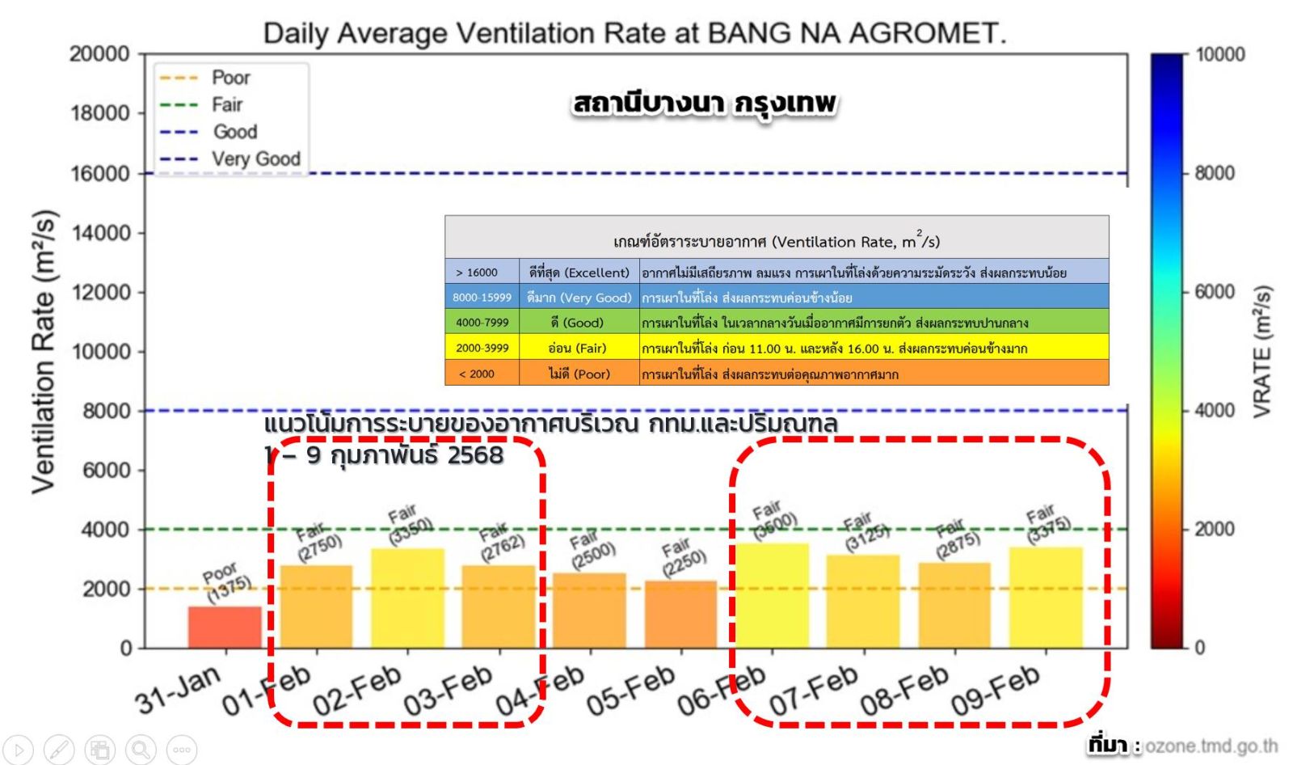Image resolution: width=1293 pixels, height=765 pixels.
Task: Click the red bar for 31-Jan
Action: (225, 627)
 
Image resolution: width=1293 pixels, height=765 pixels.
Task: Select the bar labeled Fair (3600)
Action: (772, 596)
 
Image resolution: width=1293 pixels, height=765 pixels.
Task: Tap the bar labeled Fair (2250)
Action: (680, 615)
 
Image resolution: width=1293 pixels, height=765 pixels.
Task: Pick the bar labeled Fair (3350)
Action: (407, 598)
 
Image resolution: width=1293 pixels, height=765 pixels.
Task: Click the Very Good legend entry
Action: (255, 159)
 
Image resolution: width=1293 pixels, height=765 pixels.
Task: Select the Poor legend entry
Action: (230, 78)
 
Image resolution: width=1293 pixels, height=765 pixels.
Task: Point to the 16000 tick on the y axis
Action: (100, 174)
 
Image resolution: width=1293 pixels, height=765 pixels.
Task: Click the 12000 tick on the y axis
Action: (100, 293)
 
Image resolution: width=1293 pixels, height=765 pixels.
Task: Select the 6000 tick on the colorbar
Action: (1214, 292)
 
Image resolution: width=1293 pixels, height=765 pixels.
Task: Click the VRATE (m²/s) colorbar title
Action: (1261, 351)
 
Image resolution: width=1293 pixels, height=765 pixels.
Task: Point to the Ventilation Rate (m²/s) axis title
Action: (44, 351)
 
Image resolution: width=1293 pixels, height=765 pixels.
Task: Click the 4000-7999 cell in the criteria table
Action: (482, 323)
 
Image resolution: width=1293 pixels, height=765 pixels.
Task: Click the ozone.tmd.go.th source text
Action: (1211, 746)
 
